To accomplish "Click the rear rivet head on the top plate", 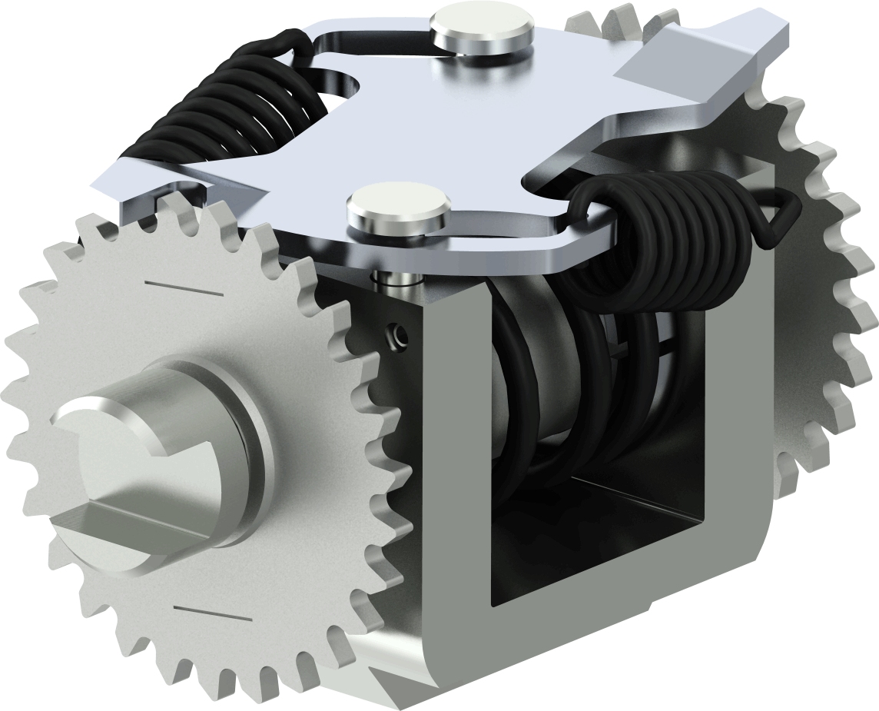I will (481, 28).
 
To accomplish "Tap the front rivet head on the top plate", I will (397, 204).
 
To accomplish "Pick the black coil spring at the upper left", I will (231, 108).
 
